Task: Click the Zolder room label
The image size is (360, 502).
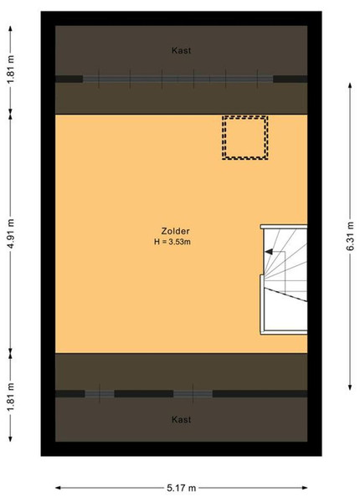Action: point(175,231)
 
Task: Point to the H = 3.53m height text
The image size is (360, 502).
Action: point(172,242)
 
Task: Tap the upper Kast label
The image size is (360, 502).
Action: point(182,50)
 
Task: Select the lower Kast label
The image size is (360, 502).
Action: point(182,419)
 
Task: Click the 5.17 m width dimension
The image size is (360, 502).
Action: point(182,488)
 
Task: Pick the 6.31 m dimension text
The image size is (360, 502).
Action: point(350,236)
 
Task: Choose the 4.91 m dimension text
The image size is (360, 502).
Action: point(11,233)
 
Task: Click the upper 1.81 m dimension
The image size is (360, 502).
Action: point(11,69)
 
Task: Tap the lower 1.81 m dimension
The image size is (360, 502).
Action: point(11,397)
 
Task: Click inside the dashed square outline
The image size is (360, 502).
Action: point(245,138)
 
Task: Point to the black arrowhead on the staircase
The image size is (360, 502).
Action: point(269,252)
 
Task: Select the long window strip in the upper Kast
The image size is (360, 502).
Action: point(177,79)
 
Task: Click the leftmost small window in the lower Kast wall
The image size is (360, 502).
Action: point(100,394)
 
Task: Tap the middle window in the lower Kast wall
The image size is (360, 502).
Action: point(193,394)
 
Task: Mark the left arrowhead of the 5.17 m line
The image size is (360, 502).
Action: point(58,488)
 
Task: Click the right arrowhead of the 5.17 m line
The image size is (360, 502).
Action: point(305,488)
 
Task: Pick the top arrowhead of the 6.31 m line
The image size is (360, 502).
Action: point(350,85)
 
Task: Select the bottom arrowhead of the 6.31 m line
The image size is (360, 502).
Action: point(350,387)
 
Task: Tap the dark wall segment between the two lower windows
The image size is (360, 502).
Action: point(144,394)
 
